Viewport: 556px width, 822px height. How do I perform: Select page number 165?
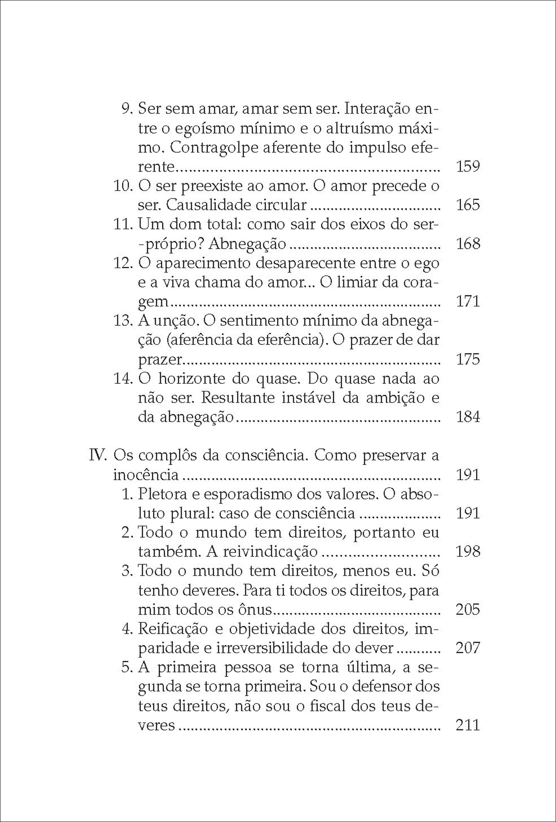click(x=468, y=205)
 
